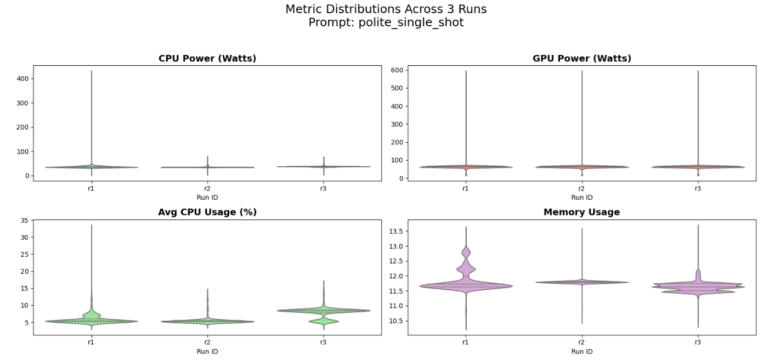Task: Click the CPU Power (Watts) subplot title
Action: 207,58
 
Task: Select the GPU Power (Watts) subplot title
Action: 581,58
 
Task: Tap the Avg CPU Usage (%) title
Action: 207,212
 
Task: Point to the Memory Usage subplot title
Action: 581,212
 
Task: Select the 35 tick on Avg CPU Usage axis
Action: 24,220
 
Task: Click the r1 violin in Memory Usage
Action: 466,286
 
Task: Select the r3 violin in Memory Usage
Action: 698,286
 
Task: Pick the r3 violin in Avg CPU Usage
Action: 324,311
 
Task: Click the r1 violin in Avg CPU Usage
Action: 92,321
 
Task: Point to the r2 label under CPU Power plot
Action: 207,188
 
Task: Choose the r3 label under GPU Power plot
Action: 698,188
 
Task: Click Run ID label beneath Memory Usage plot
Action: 581,351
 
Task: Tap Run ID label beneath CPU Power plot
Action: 207,197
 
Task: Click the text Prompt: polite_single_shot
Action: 386,22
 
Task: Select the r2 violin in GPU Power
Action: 582,167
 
